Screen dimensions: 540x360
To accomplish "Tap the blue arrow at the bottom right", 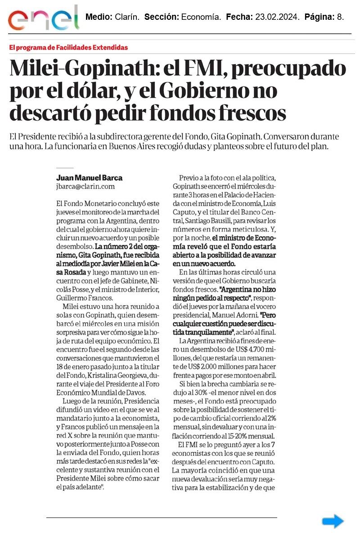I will (x=333, y=521).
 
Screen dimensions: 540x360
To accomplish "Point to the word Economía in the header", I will (x=201, y=18).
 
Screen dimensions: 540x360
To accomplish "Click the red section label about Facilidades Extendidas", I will (x=68, y=47).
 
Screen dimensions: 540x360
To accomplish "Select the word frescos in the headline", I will (x=244, y=113).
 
